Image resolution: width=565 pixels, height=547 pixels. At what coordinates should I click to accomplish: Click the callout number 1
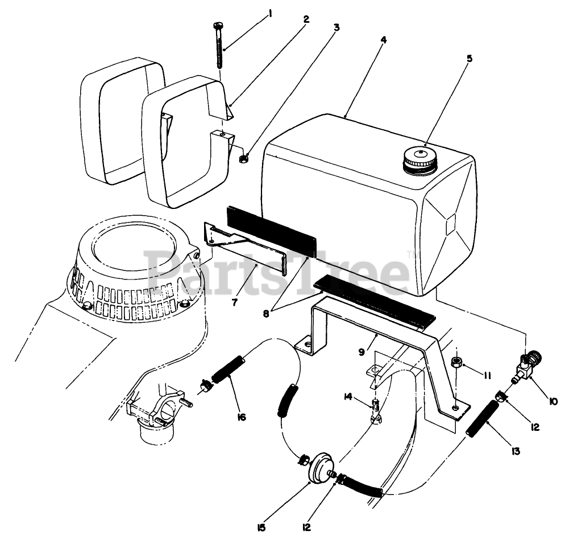tap(270, 13)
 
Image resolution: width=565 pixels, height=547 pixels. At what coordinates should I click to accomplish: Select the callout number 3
tap(336, 27)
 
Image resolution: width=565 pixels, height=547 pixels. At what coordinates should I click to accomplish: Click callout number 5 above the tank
tap(469, 58)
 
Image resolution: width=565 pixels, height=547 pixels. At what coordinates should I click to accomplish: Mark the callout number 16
tap(241, 417)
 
